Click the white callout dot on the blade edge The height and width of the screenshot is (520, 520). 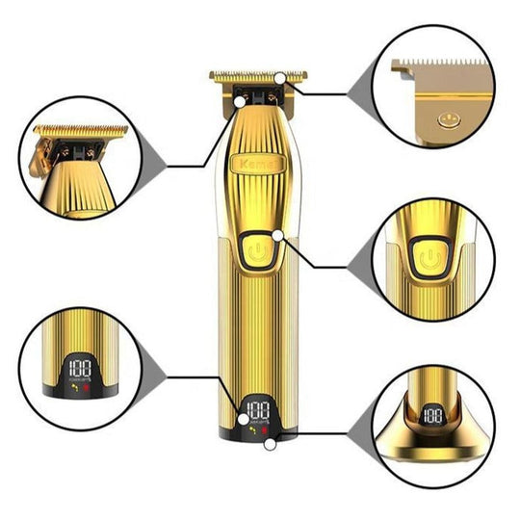click(279, 77)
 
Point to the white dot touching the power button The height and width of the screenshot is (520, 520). click(276, 235)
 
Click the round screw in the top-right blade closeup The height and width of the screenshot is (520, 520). click(444, 121)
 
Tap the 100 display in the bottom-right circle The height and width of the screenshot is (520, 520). click(434, 416)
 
